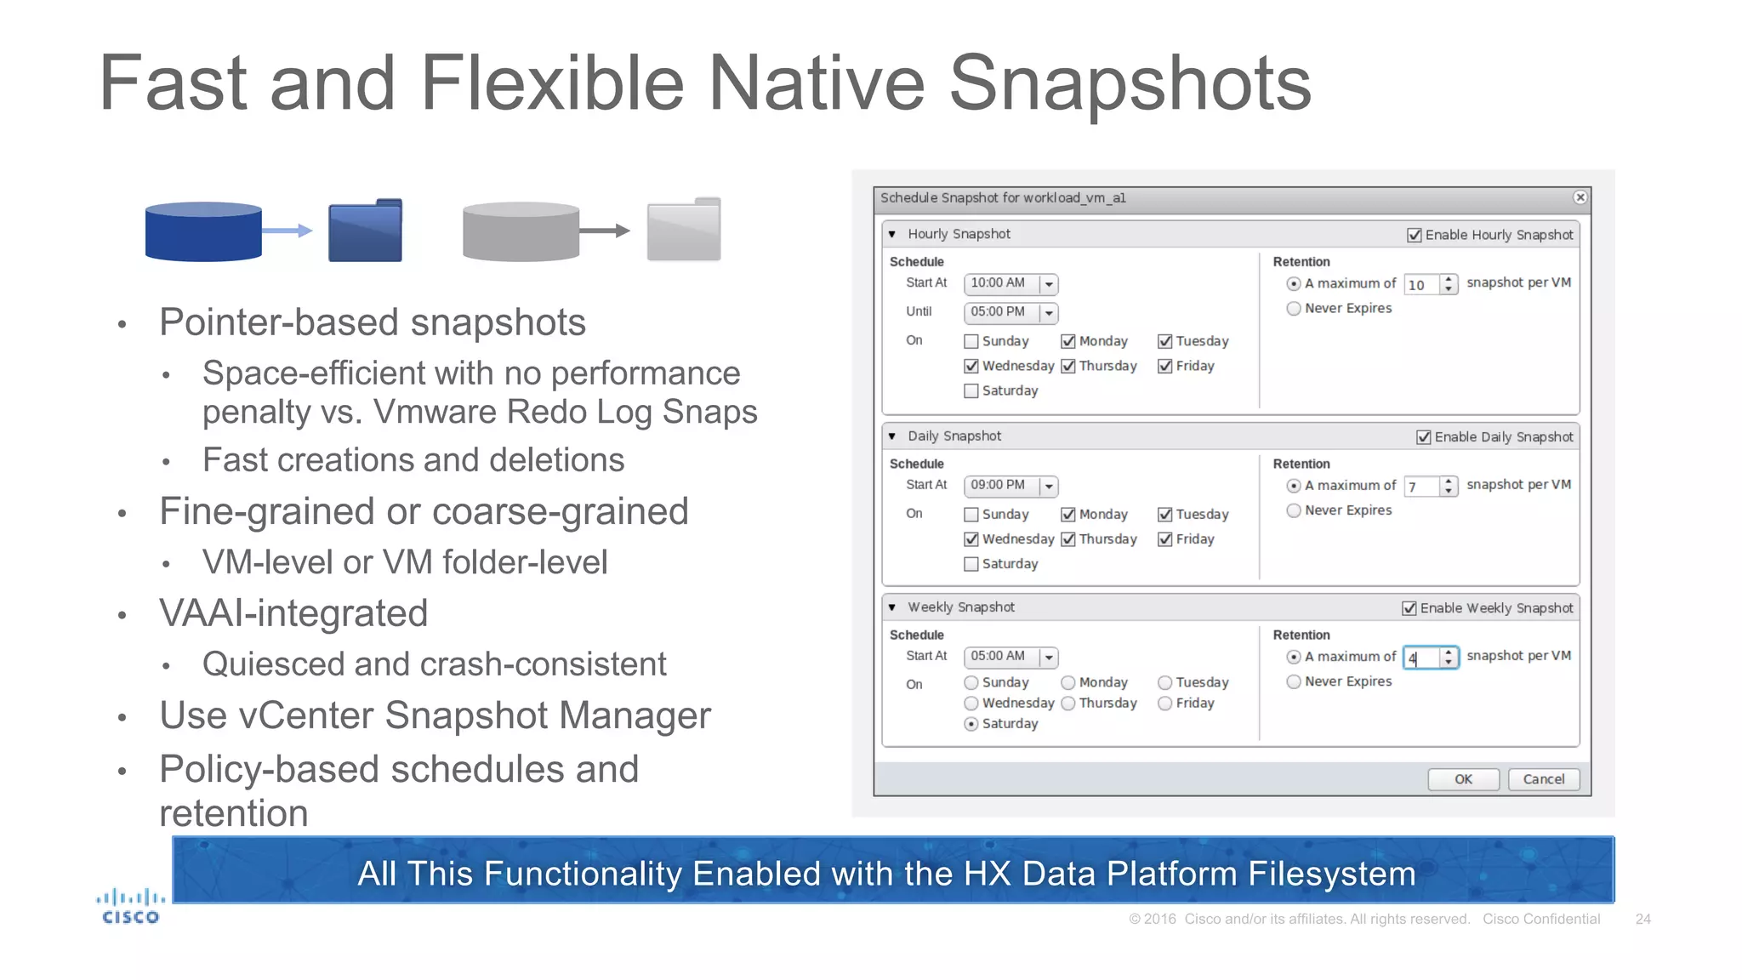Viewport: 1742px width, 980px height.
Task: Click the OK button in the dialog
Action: click(1463, 779)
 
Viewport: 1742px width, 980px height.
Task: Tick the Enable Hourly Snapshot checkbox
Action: click(1415, 235)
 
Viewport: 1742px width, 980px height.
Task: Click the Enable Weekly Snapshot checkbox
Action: click(1409, 608)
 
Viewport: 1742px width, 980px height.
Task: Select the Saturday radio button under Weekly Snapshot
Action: click(971, 724)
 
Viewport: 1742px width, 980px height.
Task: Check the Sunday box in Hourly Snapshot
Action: click(971, 342)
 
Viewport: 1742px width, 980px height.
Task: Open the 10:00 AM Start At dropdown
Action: click(1049, 284)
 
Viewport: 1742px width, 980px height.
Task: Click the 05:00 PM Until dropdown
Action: click(1049, 313)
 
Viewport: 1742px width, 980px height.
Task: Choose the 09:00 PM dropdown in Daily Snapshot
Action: click(1049, 487)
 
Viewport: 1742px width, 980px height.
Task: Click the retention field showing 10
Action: click(1421, 285)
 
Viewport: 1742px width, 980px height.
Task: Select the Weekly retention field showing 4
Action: click(1421, 658)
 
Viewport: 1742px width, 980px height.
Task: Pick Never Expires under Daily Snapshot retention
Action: click(1294, 510)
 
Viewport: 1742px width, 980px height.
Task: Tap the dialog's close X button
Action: click(1580, 197)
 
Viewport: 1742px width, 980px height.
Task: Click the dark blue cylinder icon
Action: click(203, 231)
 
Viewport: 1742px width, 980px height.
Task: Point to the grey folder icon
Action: click(684, 230)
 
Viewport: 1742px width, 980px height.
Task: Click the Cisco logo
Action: click(130, 907)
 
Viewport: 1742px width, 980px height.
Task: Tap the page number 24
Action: click(1642, 919)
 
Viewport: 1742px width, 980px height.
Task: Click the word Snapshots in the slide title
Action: click(1130, 83)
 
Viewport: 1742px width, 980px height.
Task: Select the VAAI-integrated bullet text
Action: click(293, 613)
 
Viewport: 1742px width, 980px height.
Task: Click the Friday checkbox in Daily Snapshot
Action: click(1165, 539)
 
